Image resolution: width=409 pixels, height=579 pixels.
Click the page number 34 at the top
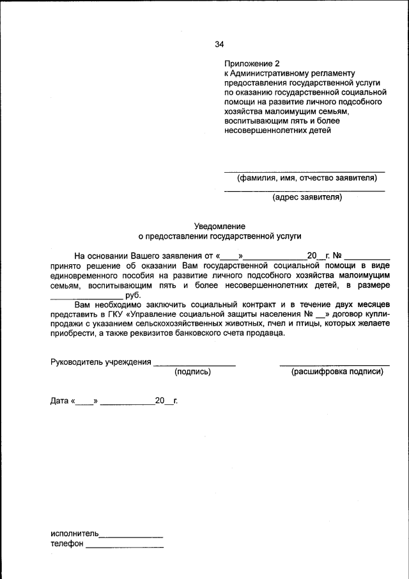pos(219,44)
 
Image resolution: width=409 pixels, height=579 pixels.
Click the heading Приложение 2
pos(252,64)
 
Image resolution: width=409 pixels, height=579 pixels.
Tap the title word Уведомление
pos(219,226)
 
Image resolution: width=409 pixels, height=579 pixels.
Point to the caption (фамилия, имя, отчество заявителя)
pos(307,178)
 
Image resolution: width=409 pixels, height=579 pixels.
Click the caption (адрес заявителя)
pos(307,197)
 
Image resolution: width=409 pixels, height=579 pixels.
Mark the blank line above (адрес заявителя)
pos(304,191)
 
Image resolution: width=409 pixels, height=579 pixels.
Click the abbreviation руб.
pos(133,294)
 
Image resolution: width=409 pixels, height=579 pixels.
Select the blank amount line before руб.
pos(86,297)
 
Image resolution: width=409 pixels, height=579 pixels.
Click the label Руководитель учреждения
pos(100,362)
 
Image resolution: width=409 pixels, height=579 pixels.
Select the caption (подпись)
pos(193,372)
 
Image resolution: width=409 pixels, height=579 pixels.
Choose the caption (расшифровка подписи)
pos(337,372)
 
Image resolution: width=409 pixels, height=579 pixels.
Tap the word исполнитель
pos(74,534)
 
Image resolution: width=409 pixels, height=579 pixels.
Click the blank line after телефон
pos(125,547)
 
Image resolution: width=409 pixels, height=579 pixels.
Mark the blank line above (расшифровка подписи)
pos(334,365)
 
